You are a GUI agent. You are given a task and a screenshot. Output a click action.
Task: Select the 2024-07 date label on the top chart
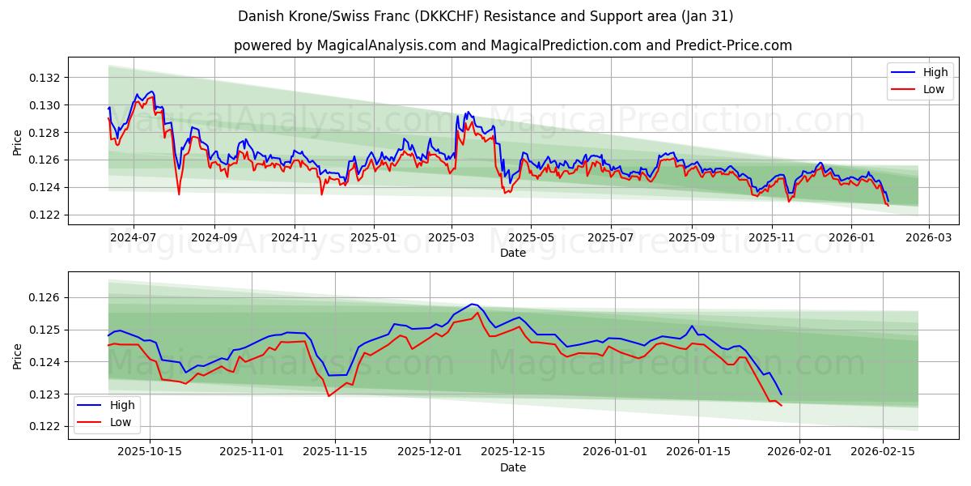133,238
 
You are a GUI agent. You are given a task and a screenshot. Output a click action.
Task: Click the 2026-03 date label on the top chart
928,238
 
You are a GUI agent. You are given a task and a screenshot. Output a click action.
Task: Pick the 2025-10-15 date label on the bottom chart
150,451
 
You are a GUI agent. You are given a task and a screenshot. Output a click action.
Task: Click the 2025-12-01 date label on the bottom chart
429,451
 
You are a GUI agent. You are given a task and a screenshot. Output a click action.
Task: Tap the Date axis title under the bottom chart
513,467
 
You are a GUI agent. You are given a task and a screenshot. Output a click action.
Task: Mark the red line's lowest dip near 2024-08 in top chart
179,194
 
